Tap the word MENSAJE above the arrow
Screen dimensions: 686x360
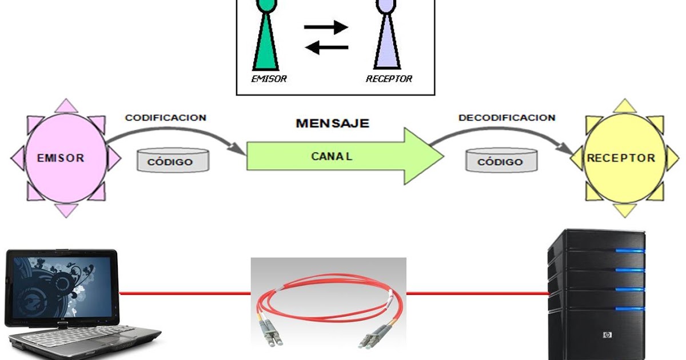pyautogui.click(x=332, y=123)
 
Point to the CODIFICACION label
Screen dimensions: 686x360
pyautogui.click(x=165, y=118)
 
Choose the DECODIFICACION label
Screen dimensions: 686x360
pyautogui.click(x=506, y=118)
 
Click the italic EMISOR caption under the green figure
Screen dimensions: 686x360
pyautogui.click(x=269, y=79)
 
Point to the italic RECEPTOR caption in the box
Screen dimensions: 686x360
pyautogui.click(x=389, y=79)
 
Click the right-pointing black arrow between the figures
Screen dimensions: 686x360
pyautogui.click(x=326, y=27)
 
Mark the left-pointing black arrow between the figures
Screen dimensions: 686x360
pyautogui.click(x=325, y=47)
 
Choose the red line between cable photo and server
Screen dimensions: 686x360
pyautogui.click(x=477, y=294)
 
